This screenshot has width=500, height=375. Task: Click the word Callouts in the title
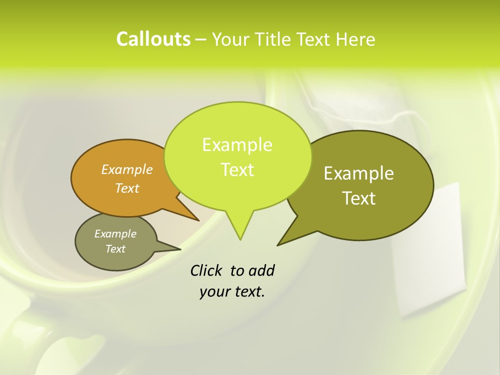click(x=153, y=39)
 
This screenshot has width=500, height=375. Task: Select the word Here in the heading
click(x=356, y=39)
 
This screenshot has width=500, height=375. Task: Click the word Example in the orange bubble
click(x=127, y=169)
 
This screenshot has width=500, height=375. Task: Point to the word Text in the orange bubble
click(x=127, y=188)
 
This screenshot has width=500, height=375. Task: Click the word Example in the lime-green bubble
click(x=237, y=145)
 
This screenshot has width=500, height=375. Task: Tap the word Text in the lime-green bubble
click(x=238, y=170)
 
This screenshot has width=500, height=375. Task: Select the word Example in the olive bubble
click(x=359, y=173)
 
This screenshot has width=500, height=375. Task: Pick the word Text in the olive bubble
click(x=359, y=198)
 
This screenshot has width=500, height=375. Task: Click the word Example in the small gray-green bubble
click(x=115, y=234)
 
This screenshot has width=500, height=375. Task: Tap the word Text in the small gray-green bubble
click(x=115, y=249)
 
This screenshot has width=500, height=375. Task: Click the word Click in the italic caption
click(x=207, y=270)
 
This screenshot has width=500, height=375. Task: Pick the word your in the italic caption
click(x=214, y=292)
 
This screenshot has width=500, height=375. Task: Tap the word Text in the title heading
click(x=316, y=39)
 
